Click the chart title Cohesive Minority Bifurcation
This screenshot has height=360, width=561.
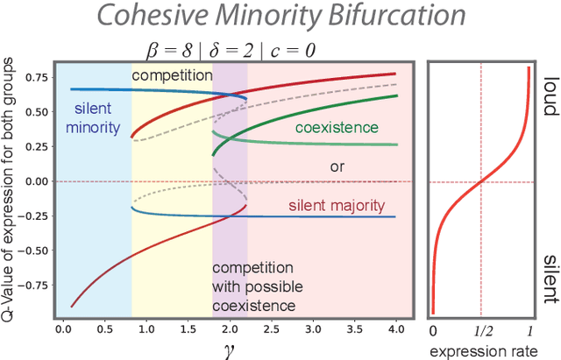tap(280, 18)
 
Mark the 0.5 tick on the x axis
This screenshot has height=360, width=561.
tap(104, 330)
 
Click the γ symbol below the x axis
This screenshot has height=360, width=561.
tap(230, 349)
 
